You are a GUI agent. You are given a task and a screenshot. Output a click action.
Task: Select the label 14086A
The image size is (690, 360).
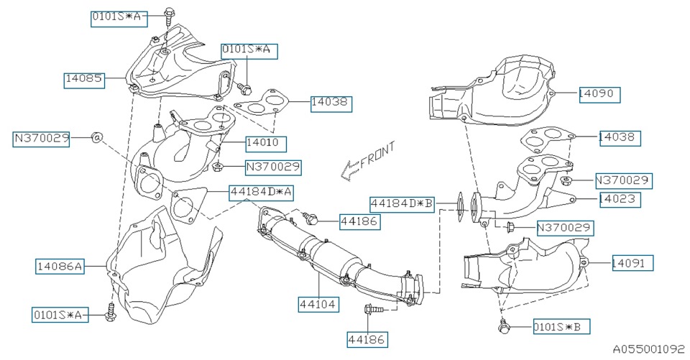pyautogui.click(x=60, y=267)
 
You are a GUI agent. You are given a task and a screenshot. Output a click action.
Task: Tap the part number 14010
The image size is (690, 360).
pyautogui.click(x=266, y=142)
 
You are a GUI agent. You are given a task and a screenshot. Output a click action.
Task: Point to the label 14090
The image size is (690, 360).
pyautogui.click(x=599, y=93)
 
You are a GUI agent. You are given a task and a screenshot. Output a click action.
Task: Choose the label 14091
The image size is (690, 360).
pyautogui.click(x=632, y=263)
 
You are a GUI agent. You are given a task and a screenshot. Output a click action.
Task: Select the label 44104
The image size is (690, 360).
pyautogui.click(x=318, y=304)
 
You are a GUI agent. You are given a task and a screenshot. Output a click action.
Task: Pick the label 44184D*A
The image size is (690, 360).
pyautogui.click(x=262, y=192)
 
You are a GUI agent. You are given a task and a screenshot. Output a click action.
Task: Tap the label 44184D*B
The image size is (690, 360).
pyautogui.click(x=402, y=204)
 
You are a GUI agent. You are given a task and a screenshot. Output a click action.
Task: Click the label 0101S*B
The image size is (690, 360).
pyautogui.click(x=561, y=328)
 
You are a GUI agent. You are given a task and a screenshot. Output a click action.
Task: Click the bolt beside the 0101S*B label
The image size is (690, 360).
pyautogui.click(x=502, y=327)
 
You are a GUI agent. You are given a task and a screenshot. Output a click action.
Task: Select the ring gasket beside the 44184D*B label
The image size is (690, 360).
pyautogui.click(x=457, y=204)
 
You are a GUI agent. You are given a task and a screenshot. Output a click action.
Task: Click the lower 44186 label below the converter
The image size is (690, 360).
pyautogui.click(x=367, y=338)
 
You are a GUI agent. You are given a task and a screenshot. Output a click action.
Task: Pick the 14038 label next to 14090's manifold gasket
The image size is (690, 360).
pyautogui.click(x=620, y=137)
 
